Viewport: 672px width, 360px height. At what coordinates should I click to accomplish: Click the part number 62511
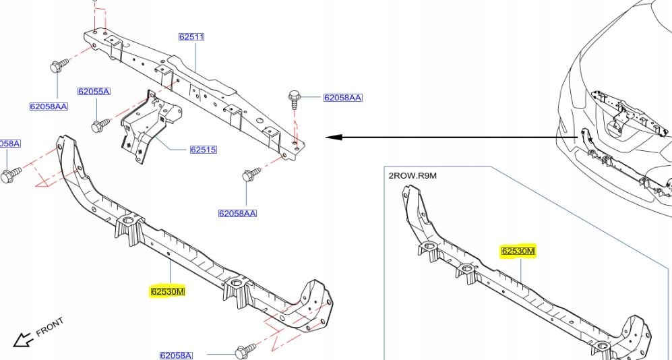[x=191, y=37]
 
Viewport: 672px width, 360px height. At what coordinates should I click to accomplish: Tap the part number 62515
[x=203, y=150]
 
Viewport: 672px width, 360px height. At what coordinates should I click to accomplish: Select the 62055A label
[x=93, y=91]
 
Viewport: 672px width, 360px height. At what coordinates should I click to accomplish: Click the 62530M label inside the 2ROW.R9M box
[x=518, y=251]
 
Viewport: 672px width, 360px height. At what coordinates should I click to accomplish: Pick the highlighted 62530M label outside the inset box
[x=167, y=292]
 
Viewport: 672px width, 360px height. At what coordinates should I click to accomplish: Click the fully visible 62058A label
[x=176, y=355]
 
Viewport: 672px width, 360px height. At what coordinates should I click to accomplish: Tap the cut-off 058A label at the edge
[x=10, y=144]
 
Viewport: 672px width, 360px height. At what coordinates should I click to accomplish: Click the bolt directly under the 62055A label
[x=100, y=125]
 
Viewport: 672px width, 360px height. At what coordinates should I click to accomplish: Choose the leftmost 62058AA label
[x=49, y=107]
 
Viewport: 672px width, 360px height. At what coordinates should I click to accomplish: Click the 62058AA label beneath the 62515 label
[x=237, y=214]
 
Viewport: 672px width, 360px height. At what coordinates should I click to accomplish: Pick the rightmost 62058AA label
[x=342, y=98]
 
